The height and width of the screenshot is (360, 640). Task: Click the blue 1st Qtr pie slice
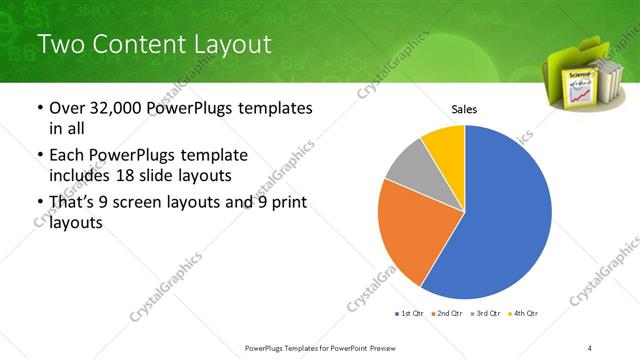(x=500, y=210)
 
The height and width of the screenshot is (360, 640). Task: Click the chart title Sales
(x=464, y=108)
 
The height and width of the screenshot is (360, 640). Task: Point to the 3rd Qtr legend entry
(x=488, y=314)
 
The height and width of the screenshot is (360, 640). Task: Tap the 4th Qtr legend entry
(x=525, y=314)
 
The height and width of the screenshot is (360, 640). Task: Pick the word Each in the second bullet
(x=68, y=156)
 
